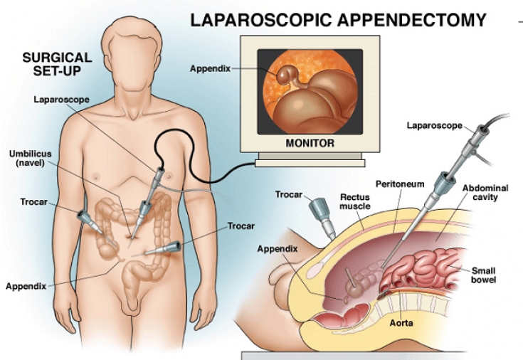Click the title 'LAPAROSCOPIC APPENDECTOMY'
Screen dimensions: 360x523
[338, 18]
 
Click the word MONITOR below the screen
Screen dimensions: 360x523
[310, 142]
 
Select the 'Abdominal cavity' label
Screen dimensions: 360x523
[482, 193]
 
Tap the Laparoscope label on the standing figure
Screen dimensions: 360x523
[62, 100]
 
